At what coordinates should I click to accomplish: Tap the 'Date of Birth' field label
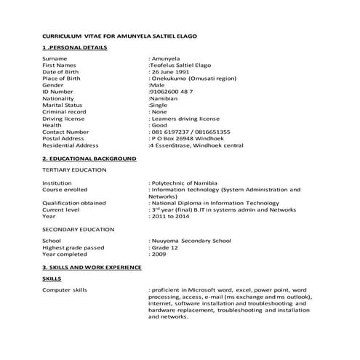[63, 72]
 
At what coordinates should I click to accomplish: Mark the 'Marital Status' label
[63, 105]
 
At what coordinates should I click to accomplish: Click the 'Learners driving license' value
[185, 118]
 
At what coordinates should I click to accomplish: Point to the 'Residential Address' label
[71, 145]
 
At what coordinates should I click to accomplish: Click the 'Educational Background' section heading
[89, 157]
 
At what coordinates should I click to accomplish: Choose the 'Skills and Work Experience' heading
[92, 267]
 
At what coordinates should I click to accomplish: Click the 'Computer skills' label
[65, 290]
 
